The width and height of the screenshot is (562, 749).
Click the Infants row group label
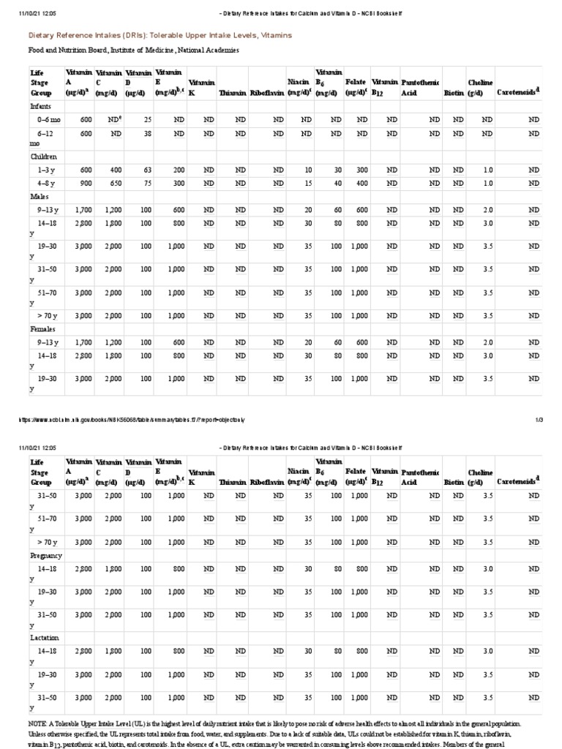(40, 106)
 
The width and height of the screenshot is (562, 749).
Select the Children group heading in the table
(43, 157)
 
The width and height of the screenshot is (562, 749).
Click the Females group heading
(42, 329)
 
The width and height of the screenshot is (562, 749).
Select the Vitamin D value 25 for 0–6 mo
(147, 119)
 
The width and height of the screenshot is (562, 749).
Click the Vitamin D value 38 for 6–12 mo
(147, 134)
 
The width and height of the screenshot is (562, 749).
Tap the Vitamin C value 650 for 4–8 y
(116, 183)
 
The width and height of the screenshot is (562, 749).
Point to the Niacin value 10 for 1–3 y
(308, 170)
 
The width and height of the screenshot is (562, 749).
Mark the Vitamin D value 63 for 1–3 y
(147, 170)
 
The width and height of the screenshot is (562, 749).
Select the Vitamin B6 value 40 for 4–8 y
(337, 183)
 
